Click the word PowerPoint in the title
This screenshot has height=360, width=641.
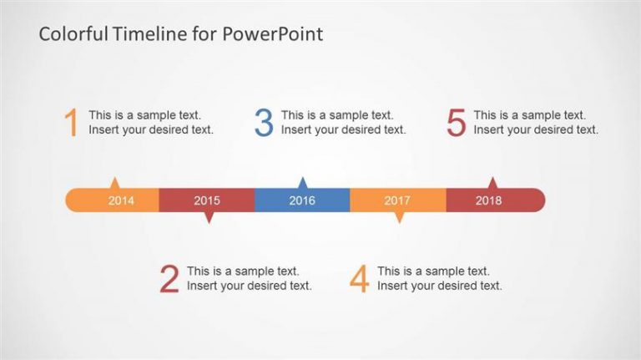pos(273,34)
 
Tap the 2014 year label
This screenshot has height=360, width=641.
pos(121,200)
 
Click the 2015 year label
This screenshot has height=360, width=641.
pos(207,200)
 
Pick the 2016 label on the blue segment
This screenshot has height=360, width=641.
pos(302,200)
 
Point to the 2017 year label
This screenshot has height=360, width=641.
pos(397,200)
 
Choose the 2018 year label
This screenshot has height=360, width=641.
pos(488,200)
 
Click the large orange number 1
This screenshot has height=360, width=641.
pos(72,122)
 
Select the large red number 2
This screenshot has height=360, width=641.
pos(169,279)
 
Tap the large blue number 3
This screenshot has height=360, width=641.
pos(264,122)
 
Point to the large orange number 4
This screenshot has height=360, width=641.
pos(360,279)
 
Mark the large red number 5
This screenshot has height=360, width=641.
pos(457,122)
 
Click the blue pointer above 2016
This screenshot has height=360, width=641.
pos(302,183)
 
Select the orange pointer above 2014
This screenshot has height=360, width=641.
pos(115,183)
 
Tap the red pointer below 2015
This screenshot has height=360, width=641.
pos(209,217)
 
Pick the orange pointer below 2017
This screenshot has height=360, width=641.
pos(400,217)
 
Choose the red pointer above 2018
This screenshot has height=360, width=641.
pos(493,183)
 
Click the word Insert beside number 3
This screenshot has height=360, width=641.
pos(294,129)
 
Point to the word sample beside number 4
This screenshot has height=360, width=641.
pos(443,271)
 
